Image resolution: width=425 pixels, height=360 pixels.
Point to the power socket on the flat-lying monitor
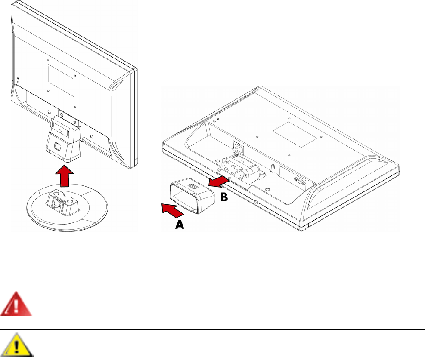(238, 148)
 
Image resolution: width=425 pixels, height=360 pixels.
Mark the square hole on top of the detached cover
(192, 185)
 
